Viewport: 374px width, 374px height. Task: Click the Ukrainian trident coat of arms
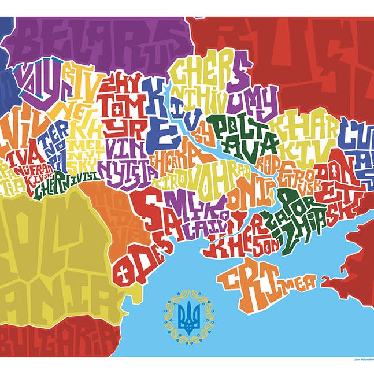click(187, 316)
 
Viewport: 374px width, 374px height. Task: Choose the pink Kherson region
click(243, 243)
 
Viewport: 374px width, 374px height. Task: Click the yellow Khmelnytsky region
click(84, 145)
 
